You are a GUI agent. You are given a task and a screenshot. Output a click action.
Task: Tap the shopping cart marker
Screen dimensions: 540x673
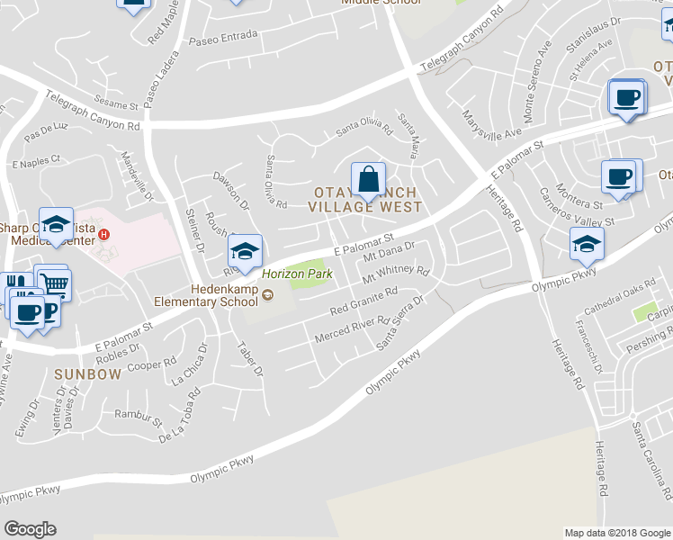[x=53, y=283]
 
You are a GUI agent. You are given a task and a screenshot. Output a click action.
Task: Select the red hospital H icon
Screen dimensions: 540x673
[x=104, y=236]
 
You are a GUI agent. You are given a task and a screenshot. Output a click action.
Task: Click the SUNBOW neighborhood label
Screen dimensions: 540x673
[x=86, y=373]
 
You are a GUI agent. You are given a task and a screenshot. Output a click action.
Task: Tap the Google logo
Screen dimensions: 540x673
[x=30, y=529]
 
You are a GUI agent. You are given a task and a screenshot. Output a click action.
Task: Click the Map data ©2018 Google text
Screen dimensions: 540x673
[x=617, y=533]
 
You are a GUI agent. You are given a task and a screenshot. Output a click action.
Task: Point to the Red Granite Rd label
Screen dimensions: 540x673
[x=363, y=302]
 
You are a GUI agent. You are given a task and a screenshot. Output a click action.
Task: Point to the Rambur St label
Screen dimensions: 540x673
[x=139, y=417]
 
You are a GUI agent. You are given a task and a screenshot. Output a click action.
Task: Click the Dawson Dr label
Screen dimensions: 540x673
[x=231, y=192]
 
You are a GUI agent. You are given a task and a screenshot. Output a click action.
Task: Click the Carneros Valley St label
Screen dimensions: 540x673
[x=579, y=211]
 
